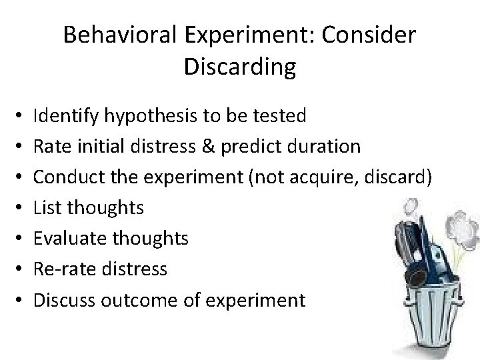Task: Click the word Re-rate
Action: point(61,269)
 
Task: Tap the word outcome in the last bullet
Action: point(145,300)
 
